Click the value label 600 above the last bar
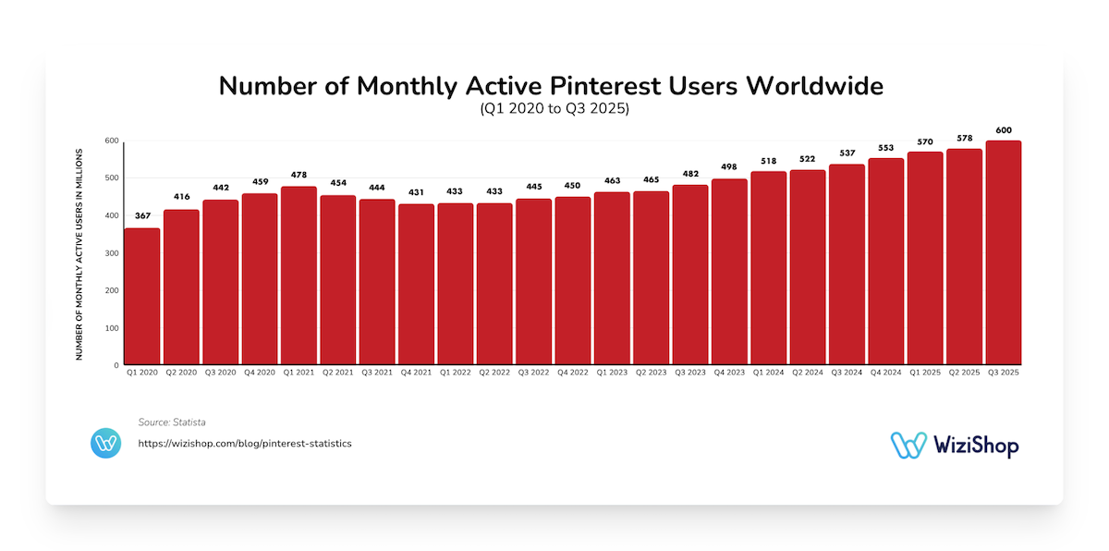[1004, 130]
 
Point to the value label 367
[142, 217]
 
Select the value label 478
[299, 176]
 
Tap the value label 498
[729, 168]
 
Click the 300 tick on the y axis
[111, 253]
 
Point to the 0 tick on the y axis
[116, 365]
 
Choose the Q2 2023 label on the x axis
[651, 373]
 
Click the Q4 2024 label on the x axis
[885, 373]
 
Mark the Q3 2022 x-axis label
[533, 373]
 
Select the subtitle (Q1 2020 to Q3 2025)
[554, 109]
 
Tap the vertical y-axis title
[79, 253]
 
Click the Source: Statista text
[172, 422]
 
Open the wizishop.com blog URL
[245, 444]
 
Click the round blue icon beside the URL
[106, 443]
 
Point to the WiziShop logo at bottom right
[955, 445]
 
